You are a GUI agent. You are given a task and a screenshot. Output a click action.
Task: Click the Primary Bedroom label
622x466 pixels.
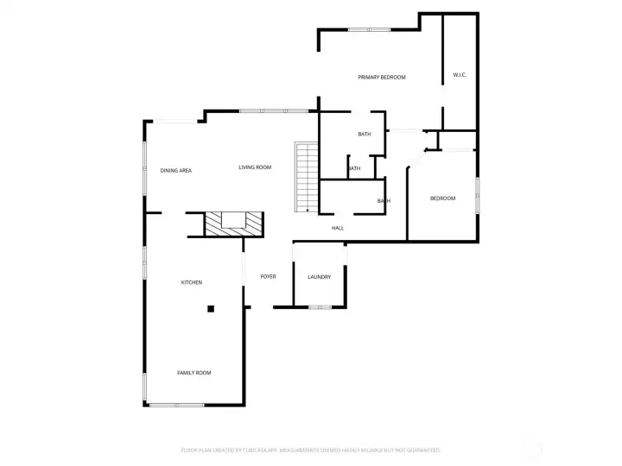[382, 78]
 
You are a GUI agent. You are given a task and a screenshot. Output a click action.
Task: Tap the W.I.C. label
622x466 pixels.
[460, 75]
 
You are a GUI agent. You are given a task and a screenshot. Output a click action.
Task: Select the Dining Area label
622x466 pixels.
[175, 171]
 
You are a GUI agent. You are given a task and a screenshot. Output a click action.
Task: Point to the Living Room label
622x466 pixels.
[255, 167]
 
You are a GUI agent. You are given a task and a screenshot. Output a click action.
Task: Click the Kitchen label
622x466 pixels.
[191, 283]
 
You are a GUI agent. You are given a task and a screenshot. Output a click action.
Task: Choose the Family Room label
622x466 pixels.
[194, 373]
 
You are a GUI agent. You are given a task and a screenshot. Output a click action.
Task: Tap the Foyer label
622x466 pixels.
[269, 277]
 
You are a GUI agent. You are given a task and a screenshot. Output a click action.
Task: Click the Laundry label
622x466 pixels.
[320, 277]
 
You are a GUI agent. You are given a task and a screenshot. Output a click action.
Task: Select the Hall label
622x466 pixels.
[338, 229]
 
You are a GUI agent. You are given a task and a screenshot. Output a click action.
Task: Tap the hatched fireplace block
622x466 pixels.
[232, 224]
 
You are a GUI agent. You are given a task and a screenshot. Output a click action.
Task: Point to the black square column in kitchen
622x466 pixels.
[210, 308]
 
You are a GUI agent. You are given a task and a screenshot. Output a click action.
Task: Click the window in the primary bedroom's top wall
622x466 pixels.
[370, 30]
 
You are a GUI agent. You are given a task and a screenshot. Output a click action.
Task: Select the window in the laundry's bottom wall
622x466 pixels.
[320, 307]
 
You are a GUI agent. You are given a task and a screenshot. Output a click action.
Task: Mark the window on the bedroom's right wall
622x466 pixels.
[477, 194]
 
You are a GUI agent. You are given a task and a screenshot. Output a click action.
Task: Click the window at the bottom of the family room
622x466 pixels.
[176, 405]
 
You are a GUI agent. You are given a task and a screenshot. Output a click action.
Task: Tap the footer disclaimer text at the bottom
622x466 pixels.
[311, 450]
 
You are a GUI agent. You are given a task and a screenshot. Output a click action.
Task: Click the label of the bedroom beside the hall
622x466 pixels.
[442, 199]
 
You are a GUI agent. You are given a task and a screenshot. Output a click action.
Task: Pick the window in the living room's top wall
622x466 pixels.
[273, 110]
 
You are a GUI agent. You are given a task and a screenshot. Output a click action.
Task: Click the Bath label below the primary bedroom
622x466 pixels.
[365, 135]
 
